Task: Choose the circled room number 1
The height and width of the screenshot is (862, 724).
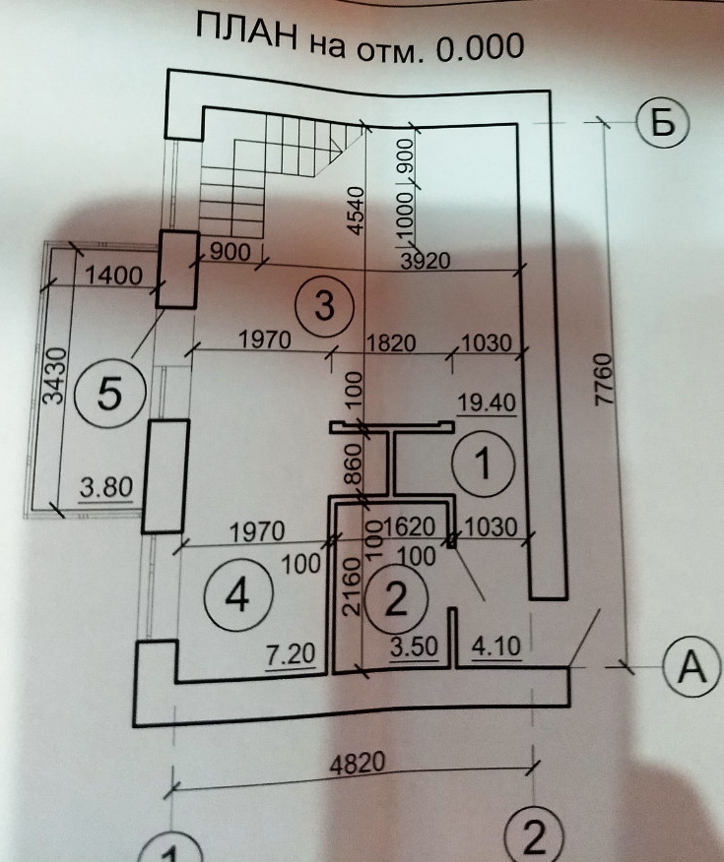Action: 483,462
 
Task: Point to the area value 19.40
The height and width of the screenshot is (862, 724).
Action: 488,401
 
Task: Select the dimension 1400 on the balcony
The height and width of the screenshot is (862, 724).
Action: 114,277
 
